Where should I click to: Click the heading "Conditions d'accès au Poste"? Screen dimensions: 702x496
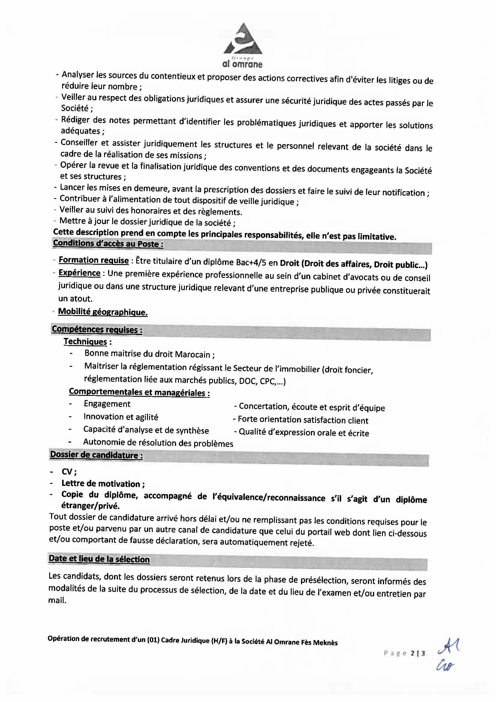click(108, 244)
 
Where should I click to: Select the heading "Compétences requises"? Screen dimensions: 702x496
click(97, 329)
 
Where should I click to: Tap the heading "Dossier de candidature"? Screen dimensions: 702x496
click(96, 455)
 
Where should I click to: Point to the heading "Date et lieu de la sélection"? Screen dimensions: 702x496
click(99, 559)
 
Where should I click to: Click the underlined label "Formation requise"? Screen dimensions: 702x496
click(94, 260)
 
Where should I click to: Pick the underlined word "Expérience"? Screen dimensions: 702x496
click(79, 273)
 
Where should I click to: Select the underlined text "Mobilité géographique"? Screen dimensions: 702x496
click(103, 312)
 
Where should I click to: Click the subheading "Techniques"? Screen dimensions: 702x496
click(85, 342)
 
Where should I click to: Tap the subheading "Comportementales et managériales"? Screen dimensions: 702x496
click(139, 392)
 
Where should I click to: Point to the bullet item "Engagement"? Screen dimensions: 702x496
click(107, 404)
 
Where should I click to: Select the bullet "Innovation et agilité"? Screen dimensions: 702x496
click(121, 417)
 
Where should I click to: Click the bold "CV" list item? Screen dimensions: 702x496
click(68, 472)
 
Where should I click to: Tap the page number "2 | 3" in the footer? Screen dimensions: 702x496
click(418, 653)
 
